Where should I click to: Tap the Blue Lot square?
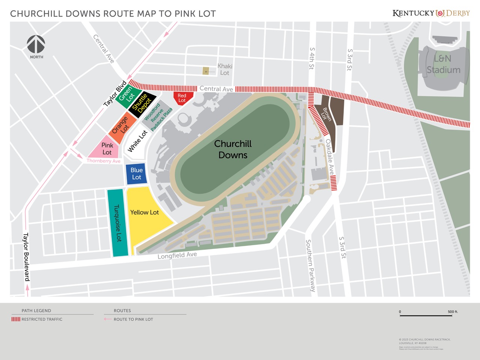pos(136,174)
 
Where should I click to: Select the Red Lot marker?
pos(182,98)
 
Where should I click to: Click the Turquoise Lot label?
pos(118,223)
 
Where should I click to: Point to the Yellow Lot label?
pos(144,212)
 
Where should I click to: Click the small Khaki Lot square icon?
pos(205,71)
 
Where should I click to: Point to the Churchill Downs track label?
pos(233,149)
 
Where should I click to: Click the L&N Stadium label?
pos(443,64)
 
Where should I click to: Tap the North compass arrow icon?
pos(36,44)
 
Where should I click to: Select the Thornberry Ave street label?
pos(103,161)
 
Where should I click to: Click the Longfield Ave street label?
pos(177,255)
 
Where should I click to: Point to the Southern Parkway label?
pos(310,265)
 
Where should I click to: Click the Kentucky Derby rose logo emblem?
pos(440,13)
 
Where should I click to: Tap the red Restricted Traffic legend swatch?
pos(16,319)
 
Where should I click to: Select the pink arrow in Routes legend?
pos(108,319)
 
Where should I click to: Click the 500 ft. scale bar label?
pos(453,312)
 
